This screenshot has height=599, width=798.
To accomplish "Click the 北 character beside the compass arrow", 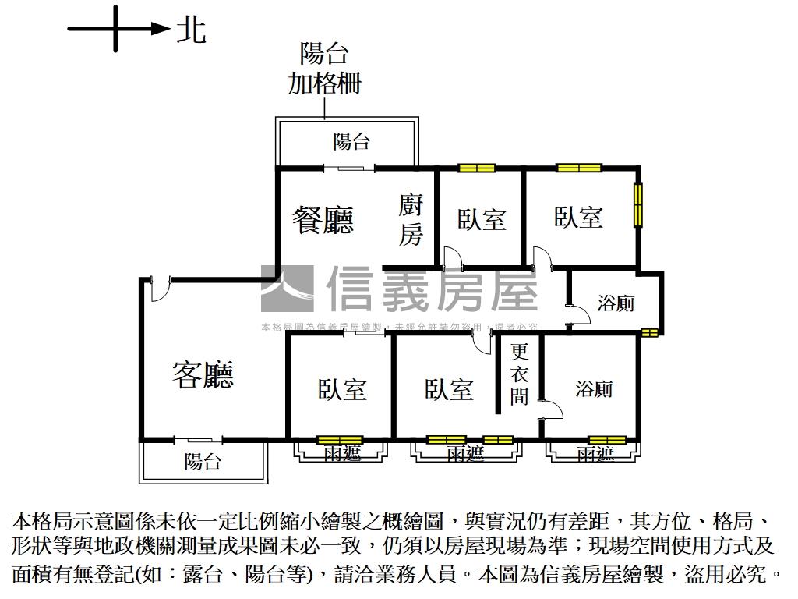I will pos(191,30).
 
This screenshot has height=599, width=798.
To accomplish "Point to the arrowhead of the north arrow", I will pos(161,30).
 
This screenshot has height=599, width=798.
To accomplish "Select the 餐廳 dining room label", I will pos(323,220).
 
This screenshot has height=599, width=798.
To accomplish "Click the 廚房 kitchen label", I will pos(411,220).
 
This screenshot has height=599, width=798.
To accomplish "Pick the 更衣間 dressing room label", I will pos(519,374).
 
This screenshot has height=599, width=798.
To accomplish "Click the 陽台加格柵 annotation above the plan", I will pos(324,69).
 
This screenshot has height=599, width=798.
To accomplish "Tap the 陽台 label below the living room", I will pos(203,461).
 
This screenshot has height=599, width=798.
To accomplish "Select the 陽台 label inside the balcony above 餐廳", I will pos(351,142).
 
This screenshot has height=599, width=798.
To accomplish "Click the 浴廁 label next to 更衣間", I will pos(594,388).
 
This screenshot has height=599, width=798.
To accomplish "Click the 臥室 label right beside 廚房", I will pos(482,219).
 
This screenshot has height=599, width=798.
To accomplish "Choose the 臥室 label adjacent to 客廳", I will pos(342,389).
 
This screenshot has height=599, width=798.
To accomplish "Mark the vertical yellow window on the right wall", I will pos(637,204).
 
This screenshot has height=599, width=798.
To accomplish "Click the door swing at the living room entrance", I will pos(158,289).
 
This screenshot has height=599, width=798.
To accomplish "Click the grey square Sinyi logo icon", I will pos(287,289).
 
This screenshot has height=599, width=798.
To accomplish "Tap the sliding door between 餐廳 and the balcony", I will pos(349,168).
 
